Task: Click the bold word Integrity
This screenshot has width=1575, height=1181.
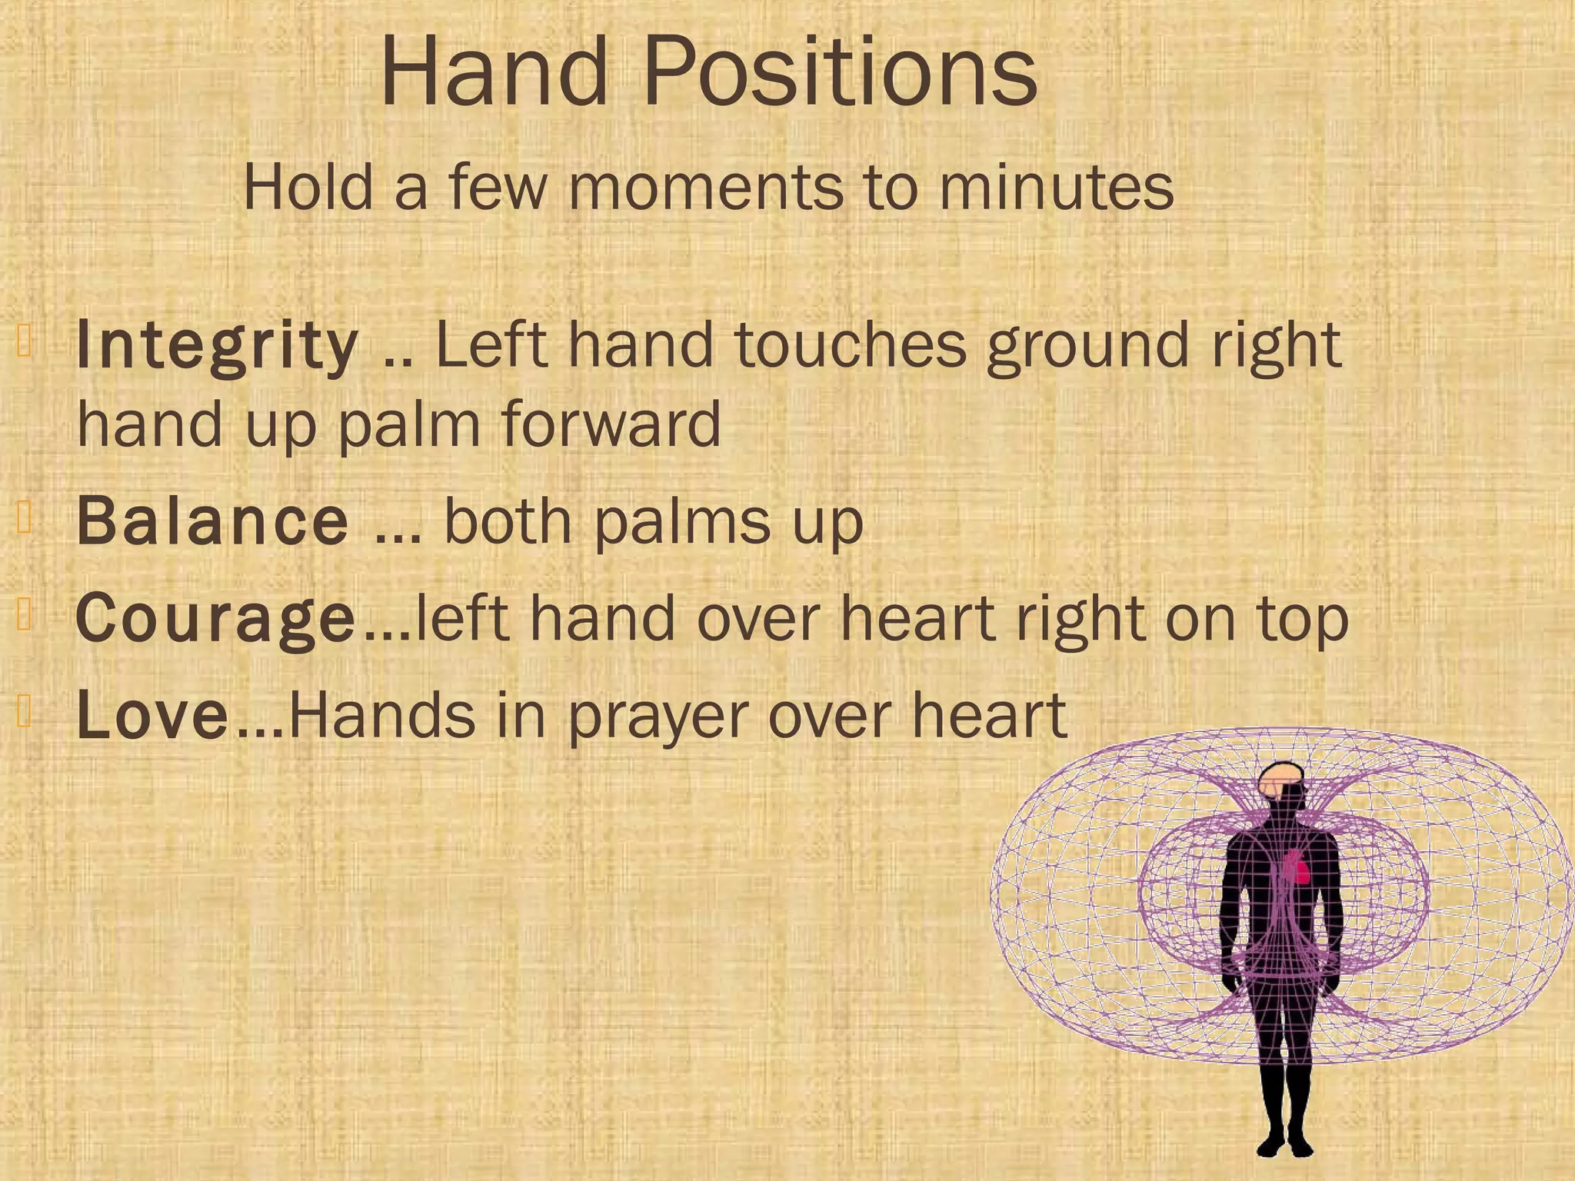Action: (x=218, y=346)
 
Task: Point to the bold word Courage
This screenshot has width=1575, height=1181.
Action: (x=216, y=620)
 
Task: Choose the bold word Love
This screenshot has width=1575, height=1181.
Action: (x=152, y=716)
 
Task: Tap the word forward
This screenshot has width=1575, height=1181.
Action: (x=611, y=424)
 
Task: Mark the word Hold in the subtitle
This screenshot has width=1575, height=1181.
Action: (x=308, y=188)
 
